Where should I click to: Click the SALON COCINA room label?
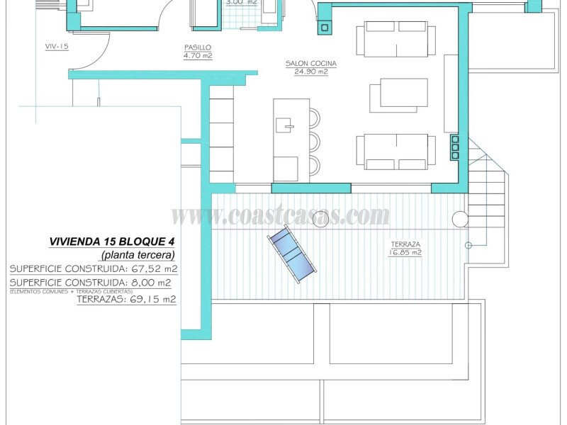[x=310, y=64]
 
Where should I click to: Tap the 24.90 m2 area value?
[x=310, y=72]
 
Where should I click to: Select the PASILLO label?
[x=198, y=47]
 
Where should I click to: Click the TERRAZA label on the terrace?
[x=405, y=244]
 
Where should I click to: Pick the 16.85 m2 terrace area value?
[x=405, y=252]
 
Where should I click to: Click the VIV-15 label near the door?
[x=56, y=47]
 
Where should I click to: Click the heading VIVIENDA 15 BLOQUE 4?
[x=113, y=242]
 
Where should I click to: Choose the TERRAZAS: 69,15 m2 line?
[x=126, y=300]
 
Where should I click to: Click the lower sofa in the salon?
[x=395, y=152]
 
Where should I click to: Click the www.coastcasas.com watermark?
[x=281, y=215]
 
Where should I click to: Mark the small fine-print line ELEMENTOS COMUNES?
[x=71, y=291]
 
